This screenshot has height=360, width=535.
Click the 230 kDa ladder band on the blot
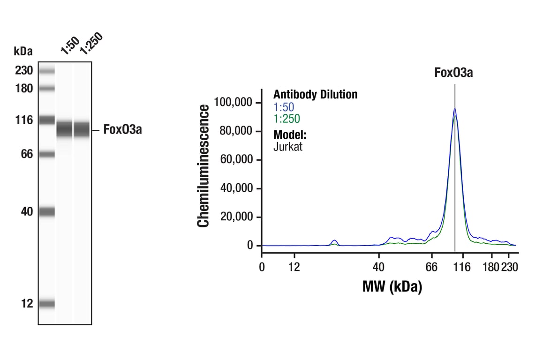[47, 71]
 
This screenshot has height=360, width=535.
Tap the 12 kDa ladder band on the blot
[47, 304]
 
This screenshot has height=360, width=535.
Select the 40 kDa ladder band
[47, 212]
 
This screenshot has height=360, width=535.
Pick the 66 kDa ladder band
[47, 154]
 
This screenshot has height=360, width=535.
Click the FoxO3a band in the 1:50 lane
[64, 129]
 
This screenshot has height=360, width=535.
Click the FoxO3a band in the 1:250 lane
[82, 129]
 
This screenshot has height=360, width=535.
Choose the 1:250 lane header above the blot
[90, 43]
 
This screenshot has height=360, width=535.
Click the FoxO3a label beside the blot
[122, 130]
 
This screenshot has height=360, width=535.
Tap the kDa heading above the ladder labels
[23, 51]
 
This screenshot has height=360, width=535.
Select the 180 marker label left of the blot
[23, 88]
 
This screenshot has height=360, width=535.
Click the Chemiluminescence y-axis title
[203, 166]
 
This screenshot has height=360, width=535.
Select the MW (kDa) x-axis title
[392, 286]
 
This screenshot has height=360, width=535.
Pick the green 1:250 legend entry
[286, 119]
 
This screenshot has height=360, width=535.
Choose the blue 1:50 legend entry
[284, 107]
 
